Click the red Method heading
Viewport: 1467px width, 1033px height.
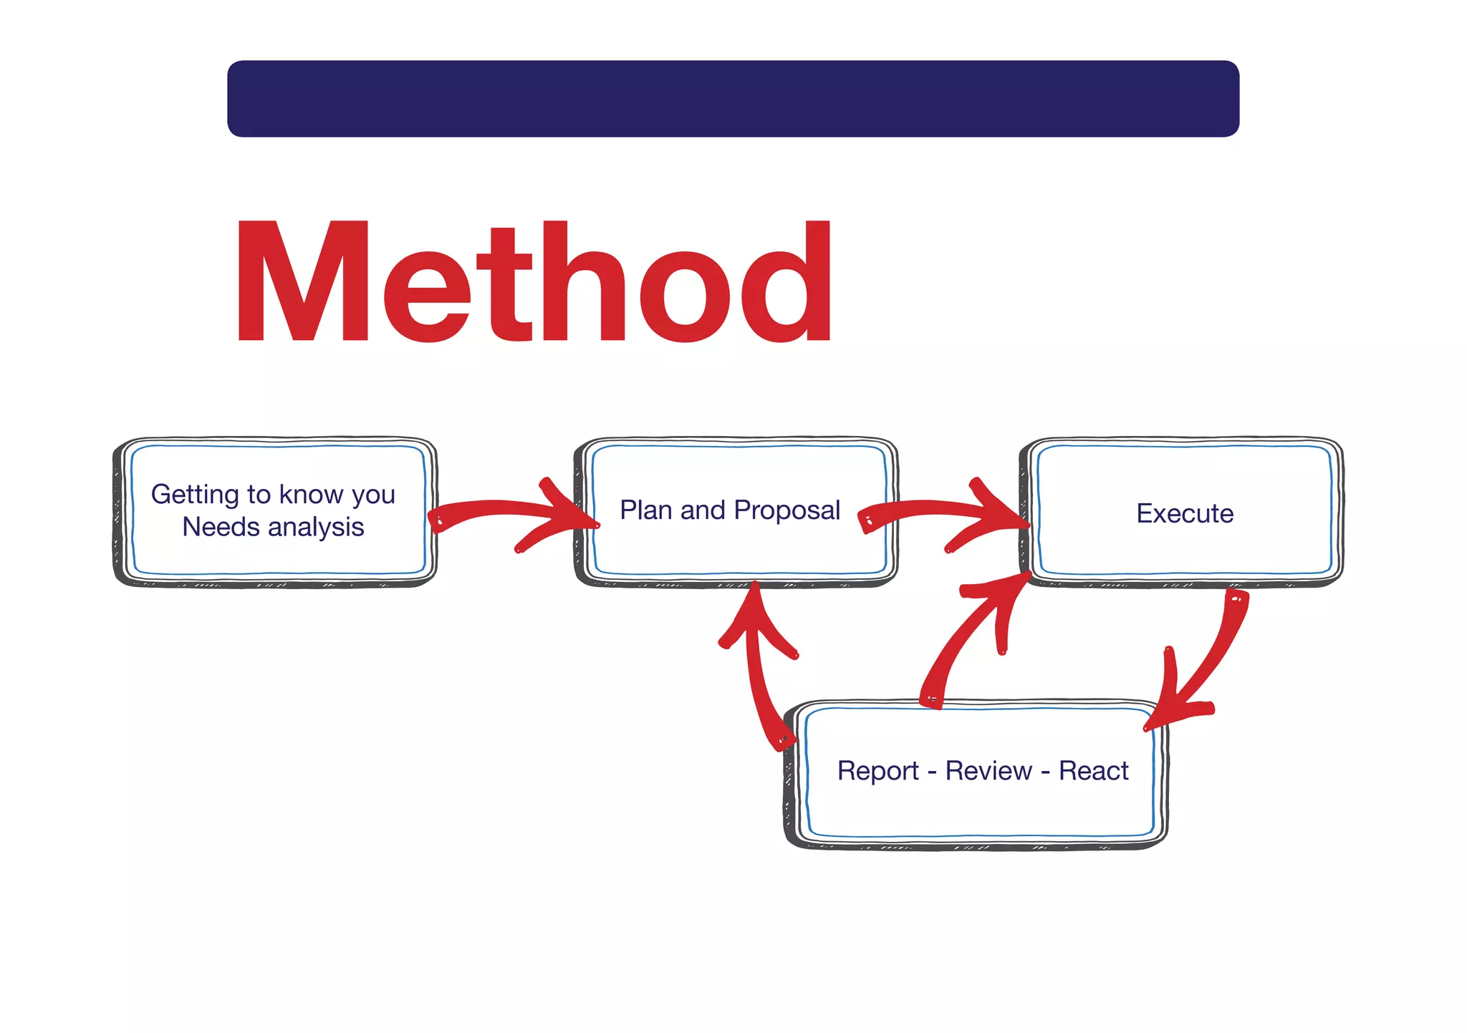pos(534,283)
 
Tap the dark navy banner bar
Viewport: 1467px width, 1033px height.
pos(733,99)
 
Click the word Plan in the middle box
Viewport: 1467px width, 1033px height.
pos(646,510)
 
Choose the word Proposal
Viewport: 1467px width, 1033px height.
pos(787,510)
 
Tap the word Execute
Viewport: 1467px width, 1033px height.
pos(1185,513)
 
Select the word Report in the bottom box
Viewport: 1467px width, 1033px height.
pos(878,771)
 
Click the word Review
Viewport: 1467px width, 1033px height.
pos(989,771)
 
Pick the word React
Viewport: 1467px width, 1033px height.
pos(1093,771)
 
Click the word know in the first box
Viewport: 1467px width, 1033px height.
pos(304,495)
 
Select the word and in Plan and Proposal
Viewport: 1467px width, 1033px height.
pos(703,510)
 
